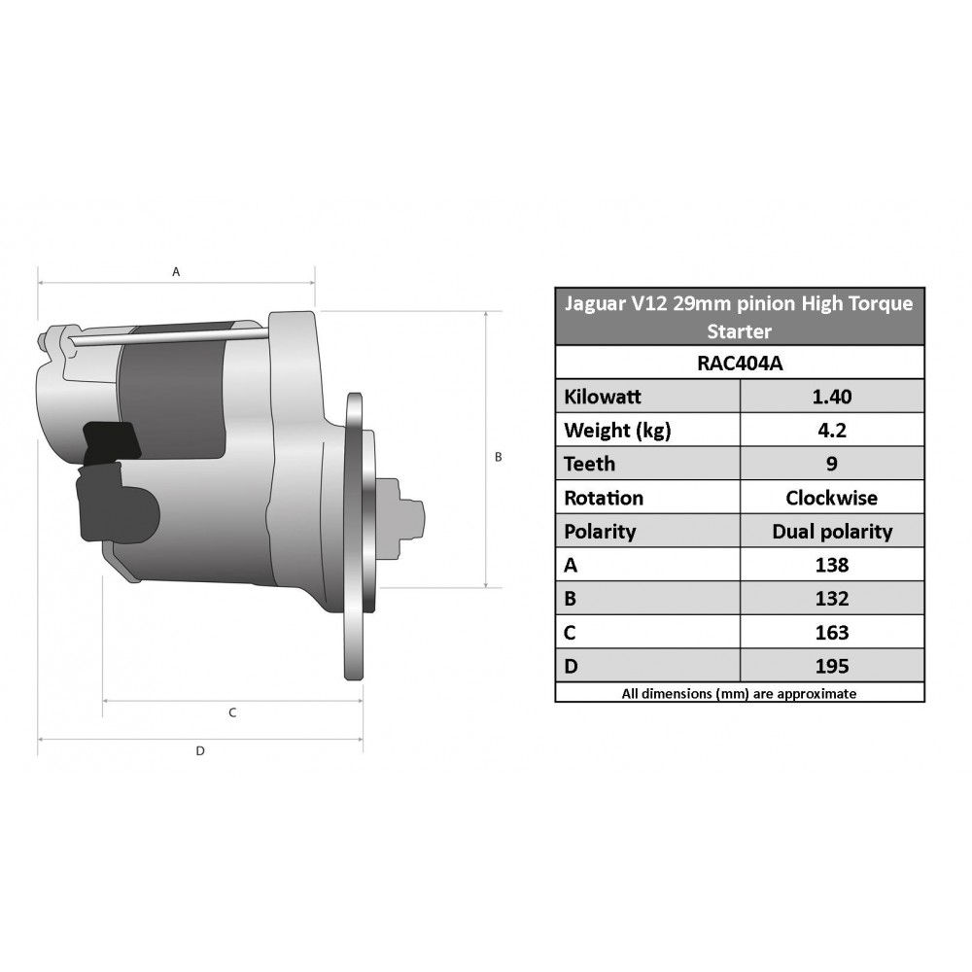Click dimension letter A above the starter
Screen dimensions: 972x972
[x=176, y=271]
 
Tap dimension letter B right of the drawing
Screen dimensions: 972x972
[x=498, y=457]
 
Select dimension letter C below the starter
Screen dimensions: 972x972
[x=232, y=712]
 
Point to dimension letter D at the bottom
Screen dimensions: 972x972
[x=200, y=750]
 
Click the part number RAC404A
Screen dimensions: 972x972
[x=740, y=363]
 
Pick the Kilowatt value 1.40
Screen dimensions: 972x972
[x=832, y=397]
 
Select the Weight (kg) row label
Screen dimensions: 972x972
[x=617, y=431]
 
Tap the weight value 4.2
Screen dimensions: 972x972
[x=832, y=430]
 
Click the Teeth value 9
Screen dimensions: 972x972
[x=832, y=464]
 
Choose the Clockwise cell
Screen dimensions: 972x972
[x=832, y=497]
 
